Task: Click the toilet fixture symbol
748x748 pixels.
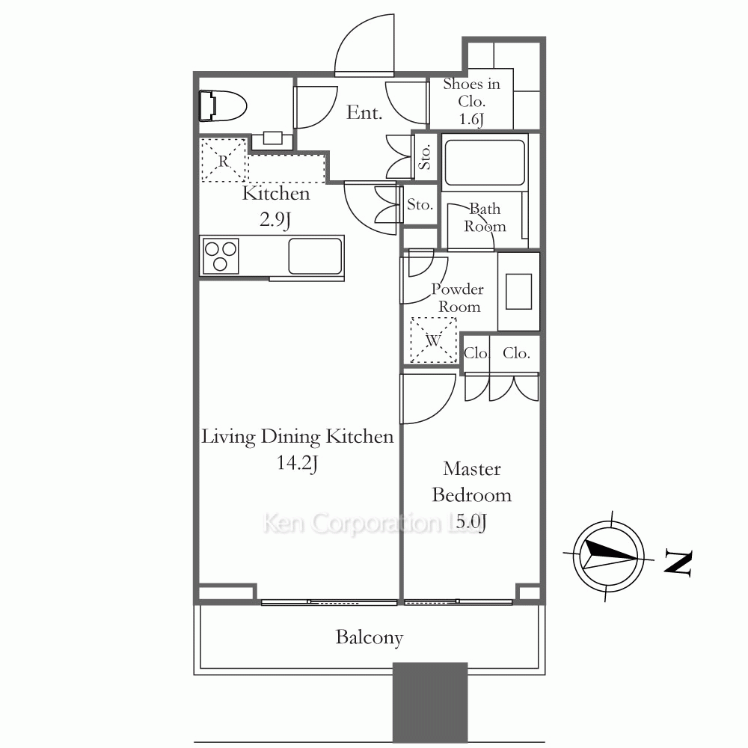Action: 222,105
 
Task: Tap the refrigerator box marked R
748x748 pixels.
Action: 224,160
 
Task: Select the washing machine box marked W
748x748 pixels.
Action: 433,340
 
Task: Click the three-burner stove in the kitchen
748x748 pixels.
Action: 220,256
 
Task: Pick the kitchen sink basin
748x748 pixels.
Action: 315,256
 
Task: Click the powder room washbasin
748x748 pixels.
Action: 518,292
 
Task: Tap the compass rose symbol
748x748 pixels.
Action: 608,557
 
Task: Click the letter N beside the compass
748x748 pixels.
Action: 678,564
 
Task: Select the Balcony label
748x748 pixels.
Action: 370,637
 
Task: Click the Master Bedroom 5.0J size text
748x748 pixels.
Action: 470,522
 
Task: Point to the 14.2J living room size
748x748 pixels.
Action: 297,463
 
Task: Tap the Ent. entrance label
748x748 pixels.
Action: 364,113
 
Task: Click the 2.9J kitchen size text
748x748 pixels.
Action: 275,219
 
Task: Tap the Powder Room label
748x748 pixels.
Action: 458,298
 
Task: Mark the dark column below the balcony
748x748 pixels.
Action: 430,702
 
